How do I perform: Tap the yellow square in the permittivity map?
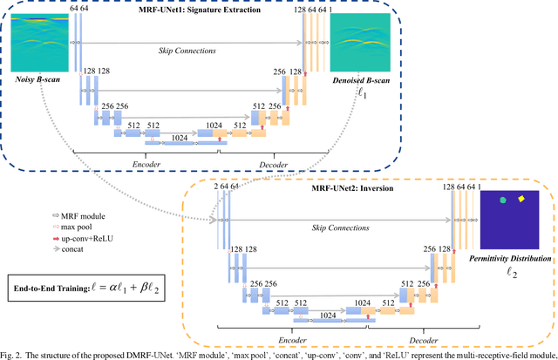pos(522,199)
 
